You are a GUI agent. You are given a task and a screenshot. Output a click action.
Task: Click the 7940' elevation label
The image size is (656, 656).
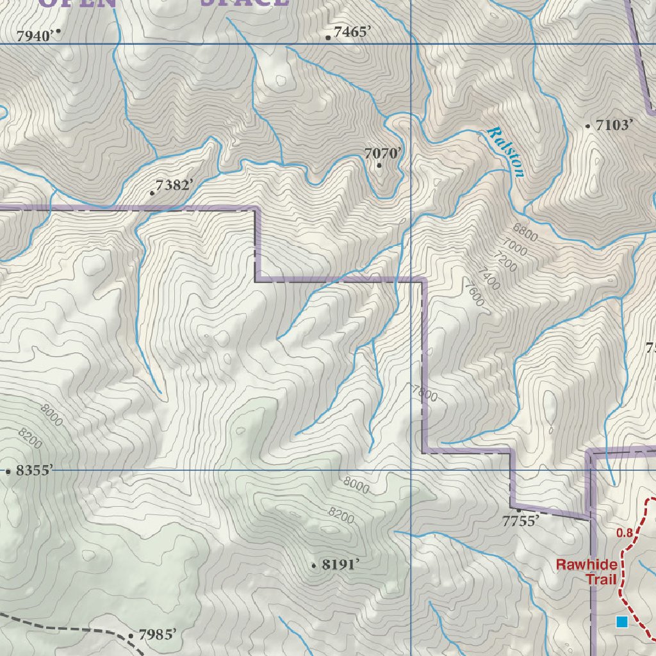click(x=33, y=36)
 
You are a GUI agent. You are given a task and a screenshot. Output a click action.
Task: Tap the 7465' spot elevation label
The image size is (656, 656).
click(x=352, y=31)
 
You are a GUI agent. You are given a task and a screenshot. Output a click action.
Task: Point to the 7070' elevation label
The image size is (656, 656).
click(x=383, y=153)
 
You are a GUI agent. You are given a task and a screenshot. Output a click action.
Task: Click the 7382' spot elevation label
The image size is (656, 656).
click(x=174, y=185)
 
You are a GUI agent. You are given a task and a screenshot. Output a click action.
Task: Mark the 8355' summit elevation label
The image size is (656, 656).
click(x=33, y=471)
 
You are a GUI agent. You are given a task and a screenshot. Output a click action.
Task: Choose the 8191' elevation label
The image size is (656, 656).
click(x=340, y=564)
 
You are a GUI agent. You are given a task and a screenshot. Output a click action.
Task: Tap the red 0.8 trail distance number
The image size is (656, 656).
click(x=624, y=532)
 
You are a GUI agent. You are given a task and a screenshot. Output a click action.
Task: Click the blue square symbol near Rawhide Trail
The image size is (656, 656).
click(x=621, y=621)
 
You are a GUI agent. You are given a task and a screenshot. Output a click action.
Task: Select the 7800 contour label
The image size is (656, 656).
click(x=425, y=392)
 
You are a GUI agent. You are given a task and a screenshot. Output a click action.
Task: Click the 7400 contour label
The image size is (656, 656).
click(x=489, y=279)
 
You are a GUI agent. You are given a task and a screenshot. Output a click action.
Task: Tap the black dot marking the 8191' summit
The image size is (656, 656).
click(x=314, y=566)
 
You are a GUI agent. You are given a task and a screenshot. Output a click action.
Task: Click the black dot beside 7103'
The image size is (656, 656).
click(x=588, y=126)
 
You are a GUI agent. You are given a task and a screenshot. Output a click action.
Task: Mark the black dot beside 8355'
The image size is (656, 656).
click(x=8, y=471)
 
